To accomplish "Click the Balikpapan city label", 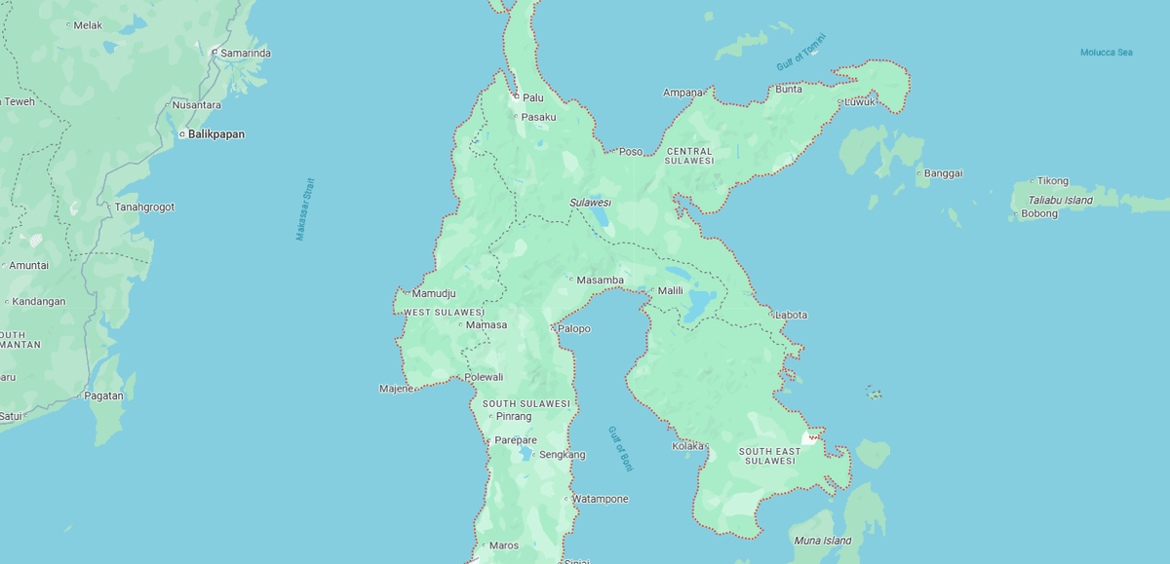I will [x=215, y=133].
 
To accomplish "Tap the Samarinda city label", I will [x=245, y=53].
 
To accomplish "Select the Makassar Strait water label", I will [x=306, y=208].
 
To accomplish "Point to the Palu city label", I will [x=532, y=97].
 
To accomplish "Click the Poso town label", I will [x=631, y=151].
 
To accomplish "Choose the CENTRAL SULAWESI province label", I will [x=690, y=156].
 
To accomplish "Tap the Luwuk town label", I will [x=860, y=101].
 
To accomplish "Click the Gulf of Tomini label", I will [x=800, y=52].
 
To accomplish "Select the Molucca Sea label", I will [x=1107, y=53].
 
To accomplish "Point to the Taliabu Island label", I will [x=1054, y=200].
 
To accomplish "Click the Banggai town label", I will [x=943, y=173].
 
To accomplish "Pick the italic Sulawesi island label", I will [x=590, y=203].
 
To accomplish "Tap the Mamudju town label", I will [x=434, y=293].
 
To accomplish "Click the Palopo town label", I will [x=574, y=328].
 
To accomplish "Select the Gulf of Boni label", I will [x=620, y=448].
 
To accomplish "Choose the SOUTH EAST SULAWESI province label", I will [x=769, y=456].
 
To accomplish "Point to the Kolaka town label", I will [x=687, y=446].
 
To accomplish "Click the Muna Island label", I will [x=823, y=541].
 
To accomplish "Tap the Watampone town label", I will [x=600, y=499].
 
